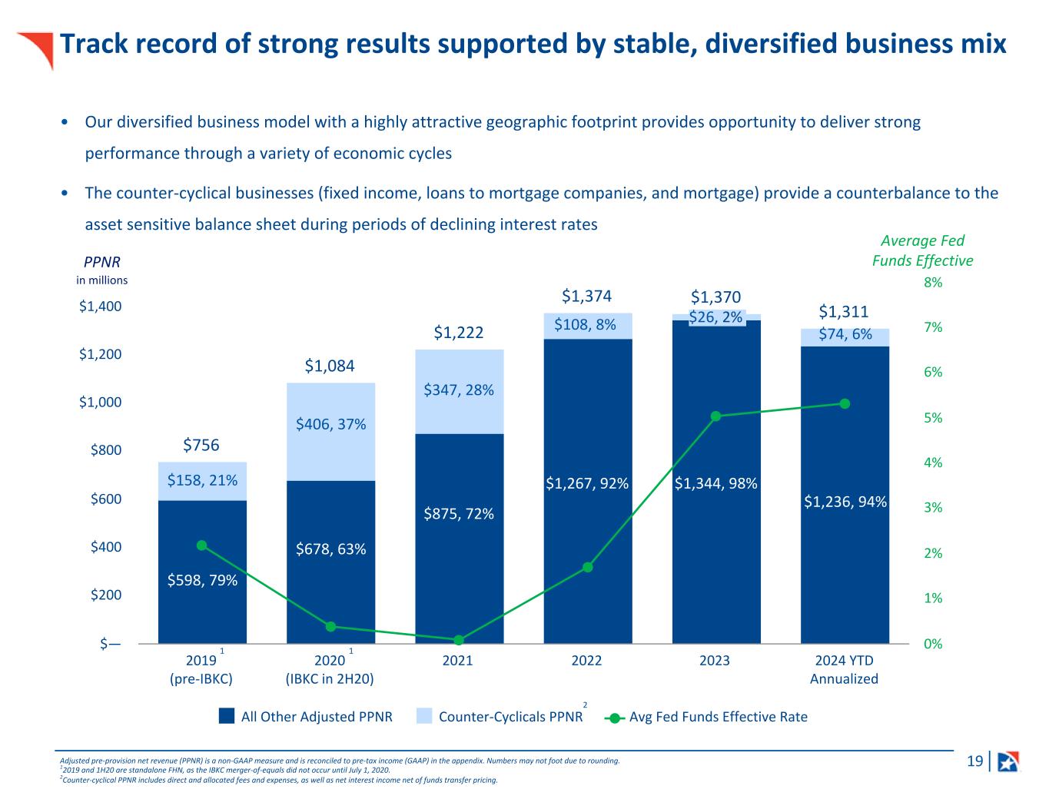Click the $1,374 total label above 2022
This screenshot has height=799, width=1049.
pos(587,297)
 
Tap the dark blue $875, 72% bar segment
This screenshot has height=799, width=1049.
pos(459,538)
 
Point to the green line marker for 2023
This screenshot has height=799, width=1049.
pos(715,416)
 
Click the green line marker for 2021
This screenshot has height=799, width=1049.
pos(459,640)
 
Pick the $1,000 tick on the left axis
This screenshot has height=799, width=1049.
pos(100,402)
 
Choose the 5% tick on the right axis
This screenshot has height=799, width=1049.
pos(933,418)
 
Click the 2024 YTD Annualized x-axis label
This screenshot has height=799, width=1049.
pos(844,670)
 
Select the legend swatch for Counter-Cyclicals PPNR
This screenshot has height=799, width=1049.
pos(424,717)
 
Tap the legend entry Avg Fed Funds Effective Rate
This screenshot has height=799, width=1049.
pos(718,717)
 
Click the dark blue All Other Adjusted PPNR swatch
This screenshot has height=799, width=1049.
pos(227,717)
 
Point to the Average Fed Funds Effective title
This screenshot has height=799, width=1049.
pos(922,250)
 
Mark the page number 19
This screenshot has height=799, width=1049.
pos(974,761)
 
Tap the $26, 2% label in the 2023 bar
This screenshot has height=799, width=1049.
pos(715,317)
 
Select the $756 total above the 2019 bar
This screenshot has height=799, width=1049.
pos(201,445)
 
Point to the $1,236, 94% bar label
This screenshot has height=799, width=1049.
pos(845,502)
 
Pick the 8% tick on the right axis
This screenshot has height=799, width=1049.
pos(933,283)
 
